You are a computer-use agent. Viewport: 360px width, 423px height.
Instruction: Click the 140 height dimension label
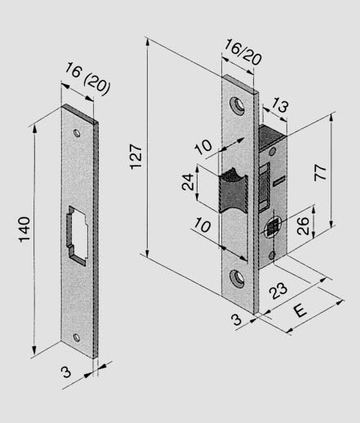[x=24, y=229]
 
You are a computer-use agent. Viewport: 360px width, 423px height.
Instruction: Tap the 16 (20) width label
[x=87, y=78]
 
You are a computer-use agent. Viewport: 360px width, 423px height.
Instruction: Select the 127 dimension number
[x=136, y=156]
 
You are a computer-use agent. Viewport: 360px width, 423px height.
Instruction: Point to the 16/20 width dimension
[x=242, y=51]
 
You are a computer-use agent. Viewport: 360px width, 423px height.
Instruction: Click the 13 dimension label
[x=280, y=105]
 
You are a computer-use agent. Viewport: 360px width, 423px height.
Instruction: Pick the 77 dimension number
[x=321, y=172]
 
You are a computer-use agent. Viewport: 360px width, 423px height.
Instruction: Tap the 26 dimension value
[x=303, y=225]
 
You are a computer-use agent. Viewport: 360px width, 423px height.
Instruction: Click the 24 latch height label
[x=188, y=181]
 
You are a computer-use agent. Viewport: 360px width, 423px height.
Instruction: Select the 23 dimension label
[x=278, y=291]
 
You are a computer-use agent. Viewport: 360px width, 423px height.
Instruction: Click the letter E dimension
[x=300, y=310]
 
